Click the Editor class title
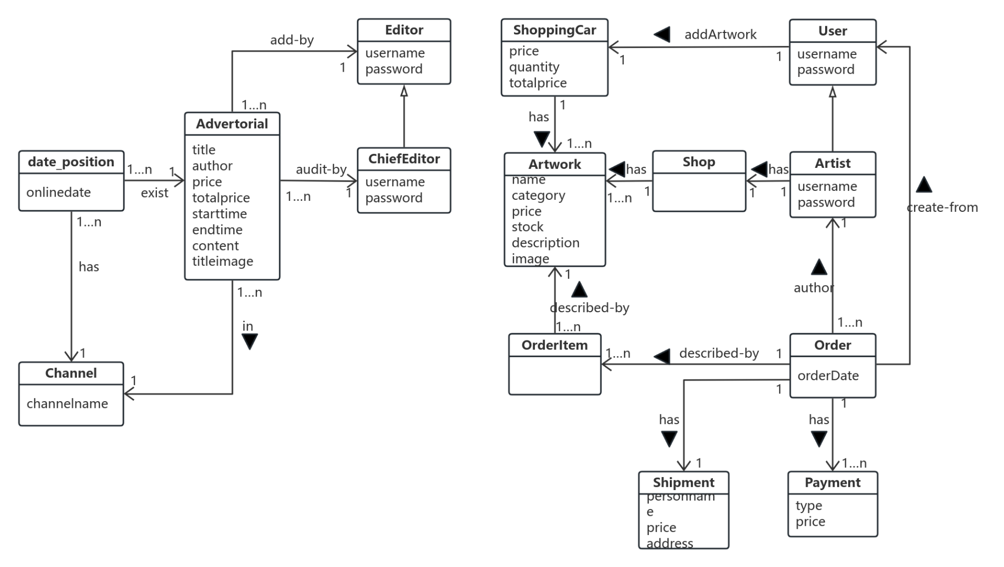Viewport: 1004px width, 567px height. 404,30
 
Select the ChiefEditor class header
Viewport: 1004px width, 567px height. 404,159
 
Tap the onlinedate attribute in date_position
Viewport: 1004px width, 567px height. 58,192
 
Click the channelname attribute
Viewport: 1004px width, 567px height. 67,404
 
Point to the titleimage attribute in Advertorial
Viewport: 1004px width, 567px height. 222,262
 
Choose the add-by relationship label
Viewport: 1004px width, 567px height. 291,40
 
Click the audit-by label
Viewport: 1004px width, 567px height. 321,169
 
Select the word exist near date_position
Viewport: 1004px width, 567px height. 154,193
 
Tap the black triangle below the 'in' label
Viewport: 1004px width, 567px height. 249,342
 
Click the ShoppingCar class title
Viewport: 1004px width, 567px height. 554,30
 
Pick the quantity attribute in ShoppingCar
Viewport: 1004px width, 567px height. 534,67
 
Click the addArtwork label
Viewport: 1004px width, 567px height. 720,35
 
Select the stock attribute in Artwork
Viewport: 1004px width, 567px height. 527,227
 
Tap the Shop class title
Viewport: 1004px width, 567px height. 699,162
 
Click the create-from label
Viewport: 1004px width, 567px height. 942,208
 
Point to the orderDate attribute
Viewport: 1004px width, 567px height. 828,376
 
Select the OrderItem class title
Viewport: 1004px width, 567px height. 554,345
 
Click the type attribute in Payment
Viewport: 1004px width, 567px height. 808,506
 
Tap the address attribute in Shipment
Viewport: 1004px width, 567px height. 669,543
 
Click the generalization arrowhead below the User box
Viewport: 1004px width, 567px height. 832,93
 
